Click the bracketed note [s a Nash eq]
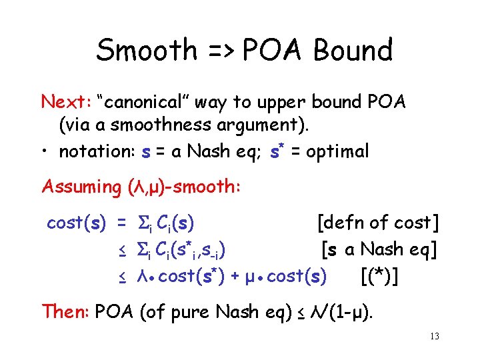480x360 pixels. pos(379,250)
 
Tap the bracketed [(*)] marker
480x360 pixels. pos(379,275)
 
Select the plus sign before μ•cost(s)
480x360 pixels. pos(235,276)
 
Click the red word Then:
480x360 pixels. pos(66,311)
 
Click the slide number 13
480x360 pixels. pos(434,337)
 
